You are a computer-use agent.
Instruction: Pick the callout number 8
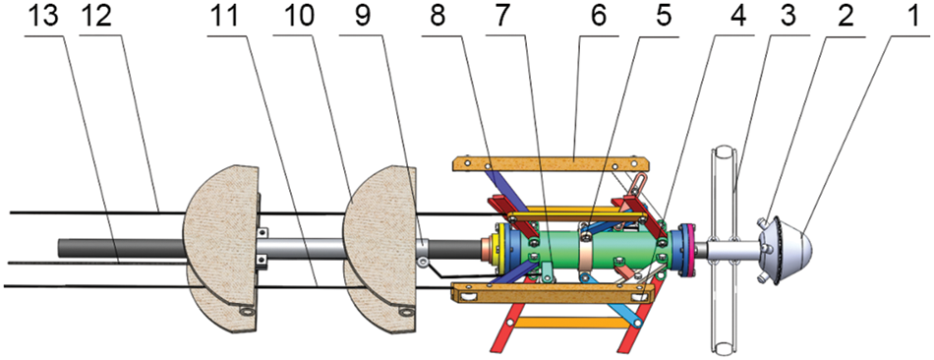[438, 16]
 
